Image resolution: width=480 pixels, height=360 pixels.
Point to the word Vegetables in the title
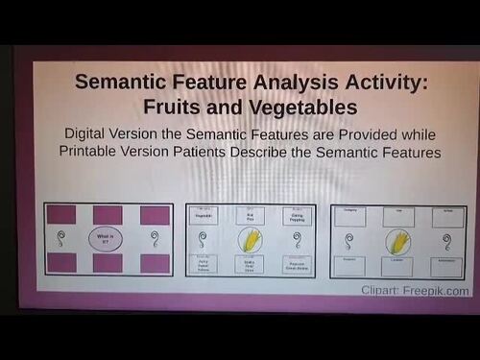pos(292,106)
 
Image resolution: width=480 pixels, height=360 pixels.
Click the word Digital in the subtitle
pos(91,133)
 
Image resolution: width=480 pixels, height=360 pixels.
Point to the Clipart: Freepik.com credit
pos(415,290)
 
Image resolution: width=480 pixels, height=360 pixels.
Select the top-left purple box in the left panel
pos(62,215)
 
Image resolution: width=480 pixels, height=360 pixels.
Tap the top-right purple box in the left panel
pos(154,215)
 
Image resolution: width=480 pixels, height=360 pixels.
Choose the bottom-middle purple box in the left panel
pos(108,262)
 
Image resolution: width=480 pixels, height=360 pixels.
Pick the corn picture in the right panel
pos(397,241)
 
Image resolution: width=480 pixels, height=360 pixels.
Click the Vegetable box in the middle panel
pos(204,217)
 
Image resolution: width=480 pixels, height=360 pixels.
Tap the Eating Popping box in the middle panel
pos(297,217)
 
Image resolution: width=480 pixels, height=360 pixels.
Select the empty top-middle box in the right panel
pos(397,217)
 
